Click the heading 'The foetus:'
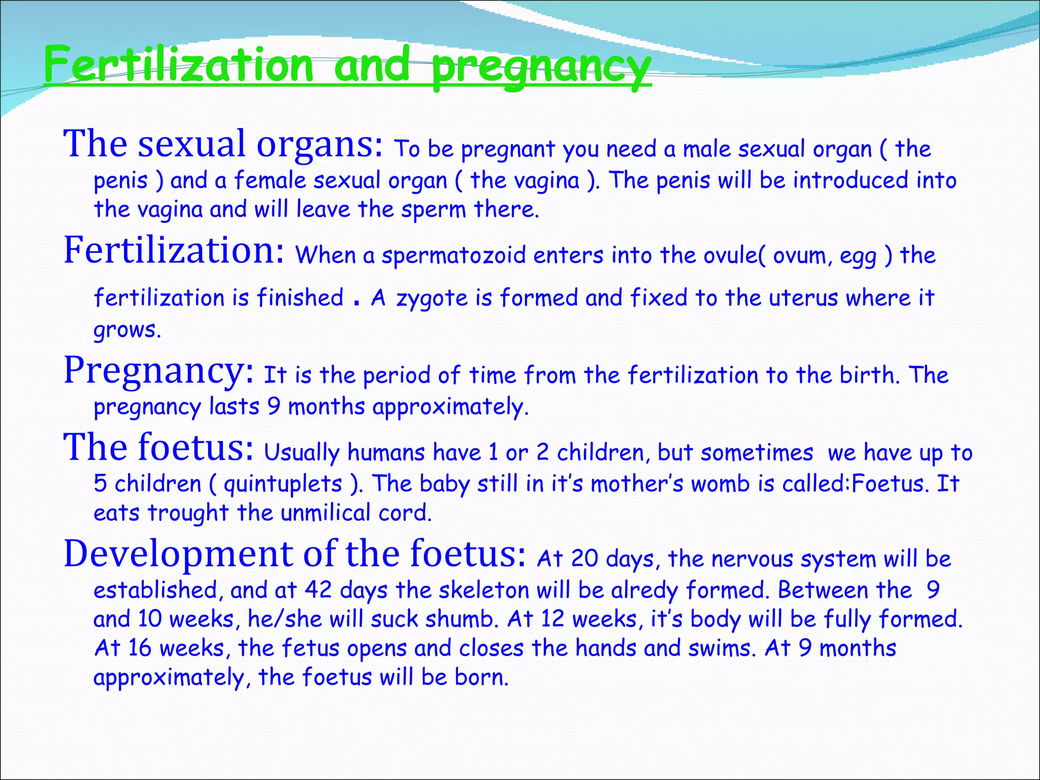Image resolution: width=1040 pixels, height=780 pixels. tap(158, 447)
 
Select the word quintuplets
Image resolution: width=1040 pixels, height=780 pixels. tap(283, 484)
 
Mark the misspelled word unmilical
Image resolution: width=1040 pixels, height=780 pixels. tap(326, 513)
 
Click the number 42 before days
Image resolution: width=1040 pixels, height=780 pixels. tap(318, 590)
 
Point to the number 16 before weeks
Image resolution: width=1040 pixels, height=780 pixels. tap(140, 648)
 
